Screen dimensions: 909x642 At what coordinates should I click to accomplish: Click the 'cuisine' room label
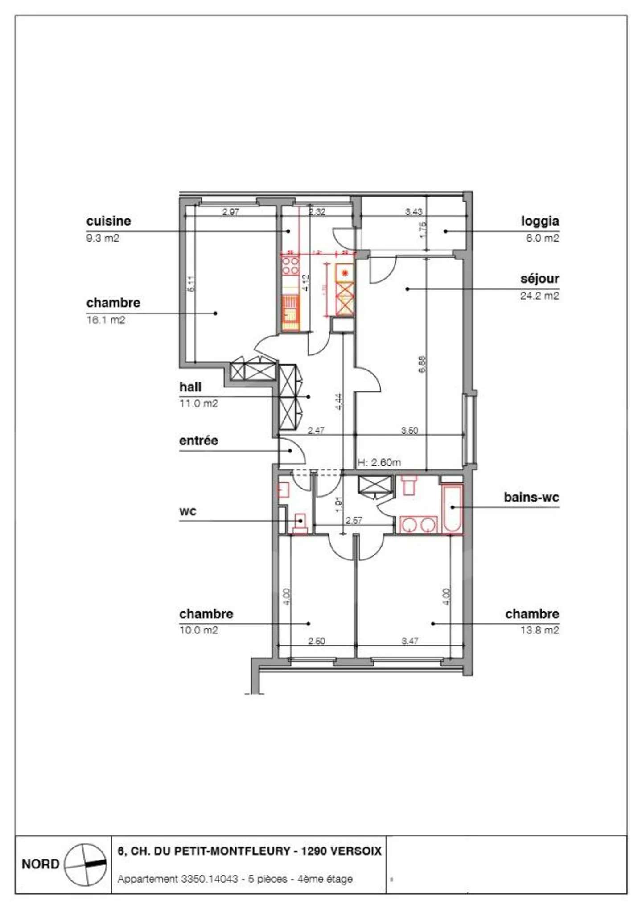tap(108, 221)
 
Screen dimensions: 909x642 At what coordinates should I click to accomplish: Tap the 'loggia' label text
tap(539, 221)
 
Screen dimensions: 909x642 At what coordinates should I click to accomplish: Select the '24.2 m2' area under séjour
tap(539, 296)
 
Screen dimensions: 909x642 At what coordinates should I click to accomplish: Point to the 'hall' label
tap(190, 387)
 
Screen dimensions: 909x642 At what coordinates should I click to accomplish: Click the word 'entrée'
tap(198, 441)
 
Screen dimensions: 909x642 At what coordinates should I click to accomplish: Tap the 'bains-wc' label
tap(531, 497)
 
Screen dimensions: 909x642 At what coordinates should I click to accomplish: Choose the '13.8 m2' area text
tap(539, 630)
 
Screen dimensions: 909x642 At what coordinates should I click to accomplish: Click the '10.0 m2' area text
tap(198, 630)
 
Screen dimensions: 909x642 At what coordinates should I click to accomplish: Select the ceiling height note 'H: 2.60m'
tap(379, 463)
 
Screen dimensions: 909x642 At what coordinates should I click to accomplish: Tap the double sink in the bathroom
tap(418, 525)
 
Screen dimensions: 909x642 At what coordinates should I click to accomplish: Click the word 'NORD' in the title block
tap(41, 864)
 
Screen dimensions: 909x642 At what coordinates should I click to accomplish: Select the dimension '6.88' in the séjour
tap(422, 364)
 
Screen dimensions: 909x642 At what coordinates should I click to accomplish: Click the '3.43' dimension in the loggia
tap(413, 212)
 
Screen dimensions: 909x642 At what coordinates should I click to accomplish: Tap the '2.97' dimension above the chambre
tap(230, 212)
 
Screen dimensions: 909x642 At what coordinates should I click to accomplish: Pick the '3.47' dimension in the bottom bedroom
tap(410, 641)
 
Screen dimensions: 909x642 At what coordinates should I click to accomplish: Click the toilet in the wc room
tap(300, 523)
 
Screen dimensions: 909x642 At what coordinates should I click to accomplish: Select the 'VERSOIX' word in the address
tap(358, 851)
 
